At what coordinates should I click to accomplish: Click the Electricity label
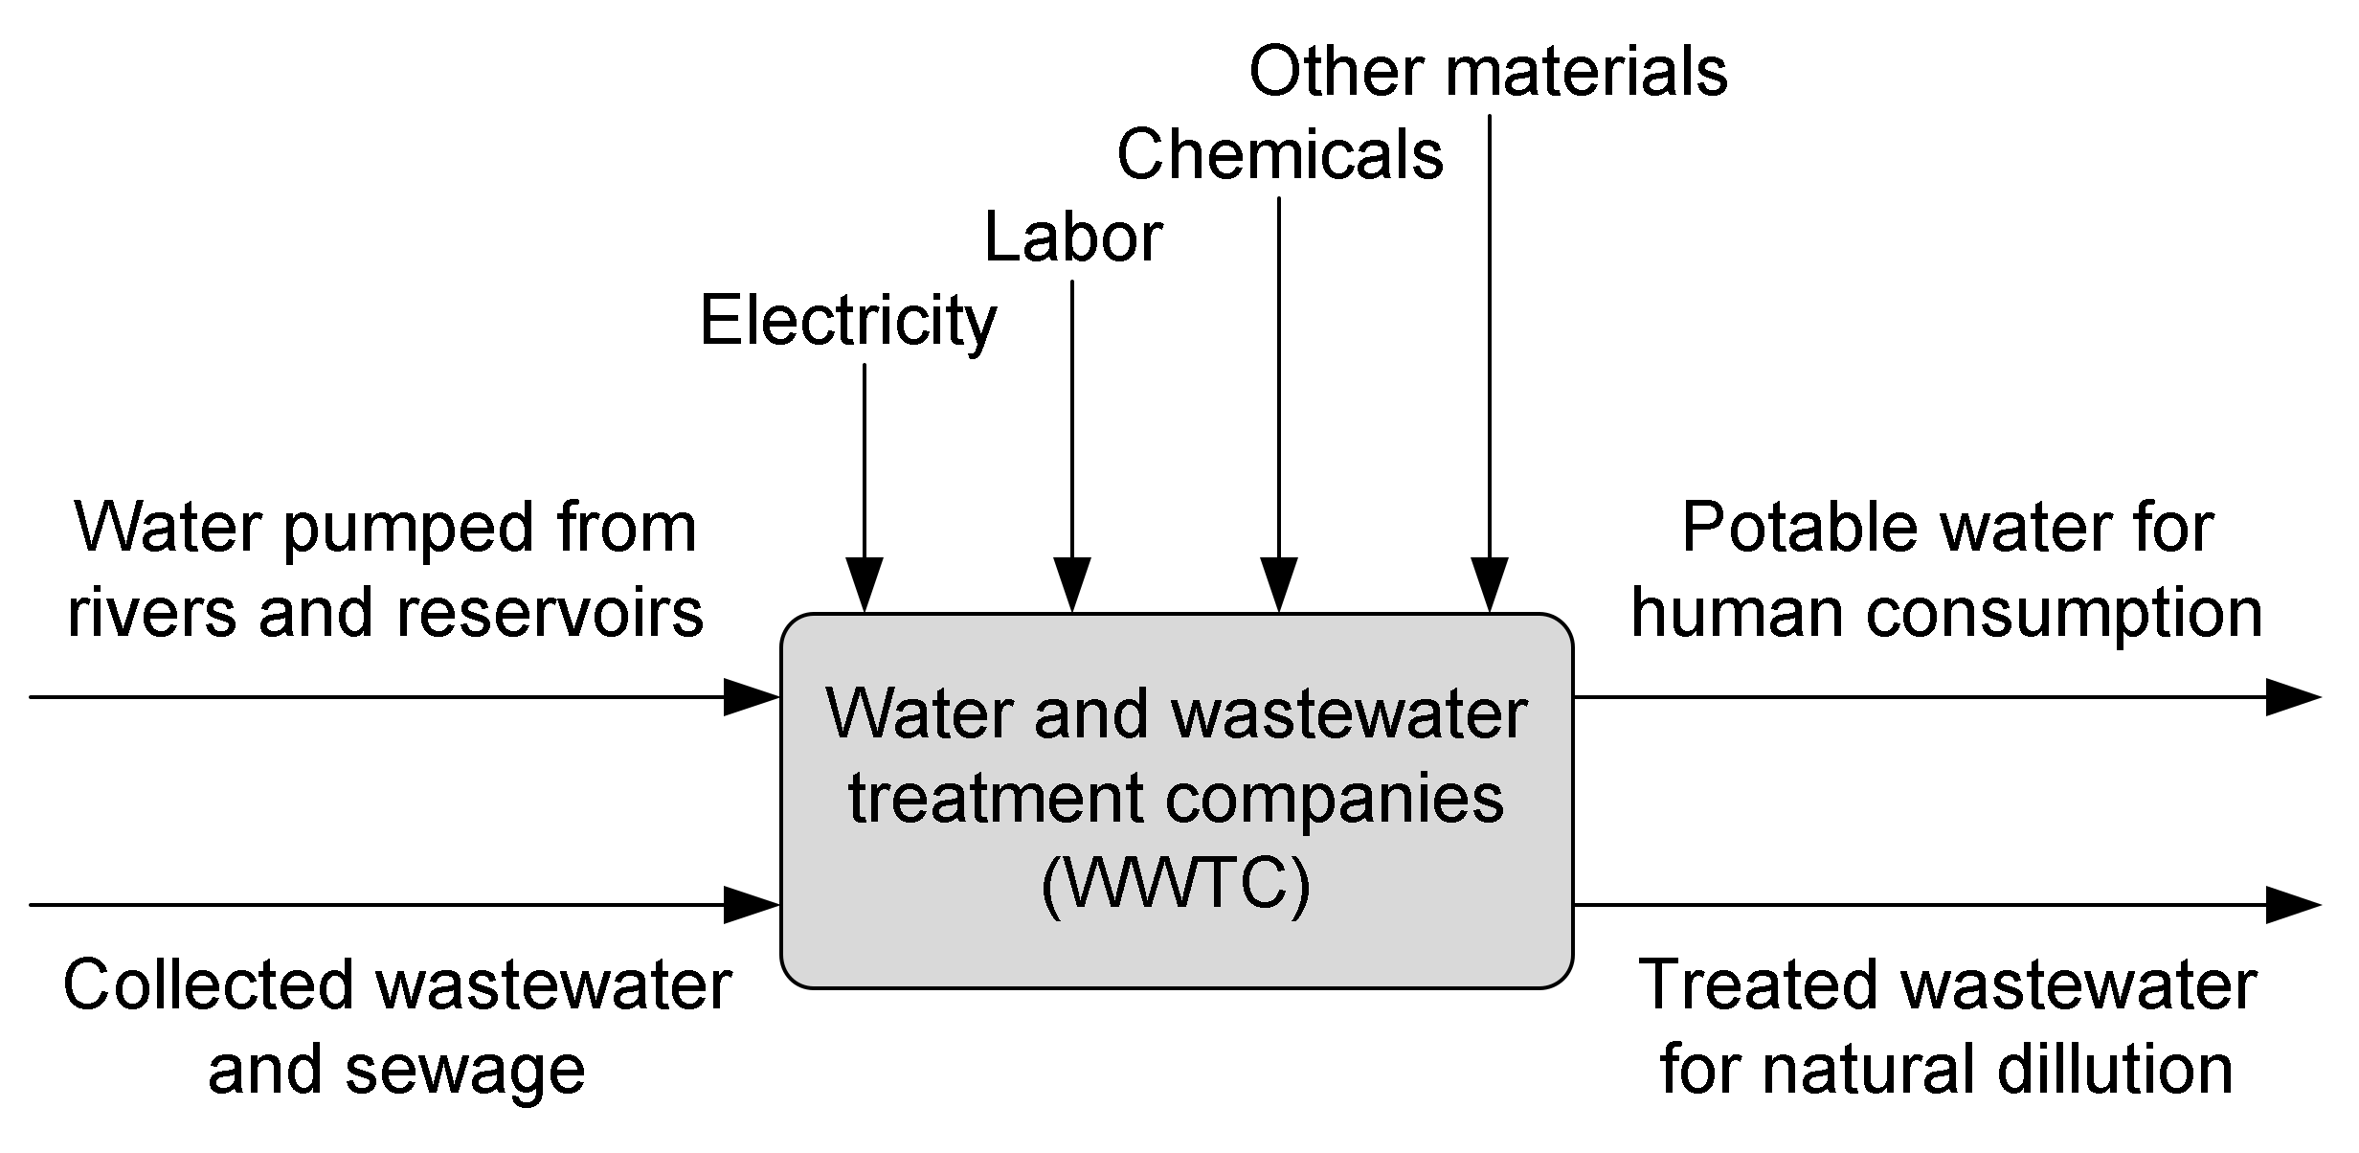pyautogui.click(x=847, y=323)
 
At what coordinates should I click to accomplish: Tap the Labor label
pyautogui.click(x=1072, y=238)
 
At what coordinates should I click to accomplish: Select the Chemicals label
pyautogui.click(x=1279, y=155)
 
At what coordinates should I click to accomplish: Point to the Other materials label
pyautogui.click(x=1488, y=72)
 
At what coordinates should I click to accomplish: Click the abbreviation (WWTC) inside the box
pyautogui.click(x=1176, y=887)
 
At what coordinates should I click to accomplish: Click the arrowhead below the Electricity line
pyautogui.click(x=865, y=584)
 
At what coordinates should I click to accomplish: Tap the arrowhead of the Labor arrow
pyautogui.click(x=1072, y=584)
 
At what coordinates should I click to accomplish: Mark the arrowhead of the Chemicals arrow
pyautogui.click(x=1279, y=584)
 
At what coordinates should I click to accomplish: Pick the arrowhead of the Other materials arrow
pyautogui.click(x=1490, y=584)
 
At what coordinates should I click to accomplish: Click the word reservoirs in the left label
pyautogui.click(x=550, y=613)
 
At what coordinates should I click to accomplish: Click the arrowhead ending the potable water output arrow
pyautogui.click(x=2292, y=697)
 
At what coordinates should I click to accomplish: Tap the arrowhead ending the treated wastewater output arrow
pyautogui.click(x=2292, y=904)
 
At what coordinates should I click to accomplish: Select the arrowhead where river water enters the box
pyautogui.click(x=752, y=697)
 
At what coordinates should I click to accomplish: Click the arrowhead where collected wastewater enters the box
pyautogui.click(x=752, y=904)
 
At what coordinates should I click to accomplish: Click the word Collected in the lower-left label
pyautogui.click(x=210, y=986)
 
